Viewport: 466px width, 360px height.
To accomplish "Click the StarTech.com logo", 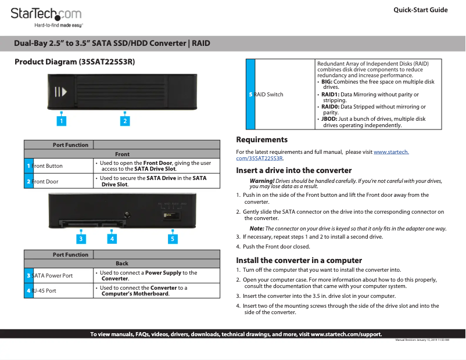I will coord(46,17).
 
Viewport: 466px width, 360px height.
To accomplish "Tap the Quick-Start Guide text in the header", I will coord(420,10).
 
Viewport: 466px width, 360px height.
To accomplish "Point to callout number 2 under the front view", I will coord(124,121).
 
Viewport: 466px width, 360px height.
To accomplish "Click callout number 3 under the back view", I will coord(81,238).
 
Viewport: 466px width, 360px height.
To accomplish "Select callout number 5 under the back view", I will coord(173,238).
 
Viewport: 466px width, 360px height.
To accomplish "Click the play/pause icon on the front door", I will coord(61,92).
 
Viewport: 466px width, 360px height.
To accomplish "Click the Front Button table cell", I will coord(59,166).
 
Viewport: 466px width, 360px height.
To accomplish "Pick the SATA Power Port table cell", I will coord(59,275).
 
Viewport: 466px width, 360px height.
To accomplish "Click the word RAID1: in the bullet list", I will coord(330,94).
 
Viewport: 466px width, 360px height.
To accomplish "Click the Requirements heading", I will coord(261,140).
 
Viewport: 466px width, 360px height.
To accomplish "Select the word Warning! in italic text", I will coord(261,181).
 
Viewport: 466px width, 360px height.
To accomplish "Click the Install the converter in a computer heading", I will coord(299,260).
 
